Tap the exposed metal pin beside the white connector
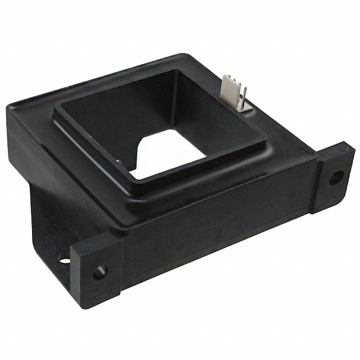pyautogui.click(x=243, y=102)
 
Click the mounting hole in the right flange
pyautogui.click(x=335, y=177)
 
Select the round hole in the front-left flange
pyautogui.click(x=100, y=273)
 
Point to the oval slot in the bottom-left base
pyautogui.click(x=64, y=259)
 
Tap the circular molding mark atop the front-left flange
pyautogui.click(x=84, y=247)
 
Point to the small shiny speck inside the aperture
pyautogui.click(x=118, y=161)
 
